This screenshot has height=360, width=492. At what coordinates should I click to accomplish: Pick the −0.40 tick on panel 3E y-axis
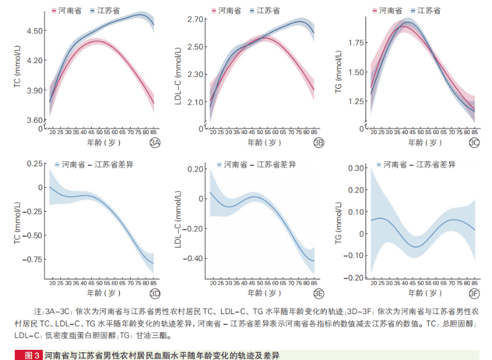[193, 258]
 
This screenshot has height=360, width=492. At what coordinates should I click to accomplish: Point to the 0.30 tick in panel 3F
[355, 167]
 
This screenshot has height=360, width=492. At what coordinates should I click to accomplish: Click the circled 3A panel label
[154, 142]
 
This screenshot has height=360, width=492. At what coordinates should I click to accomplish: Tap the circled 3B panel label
[318, 142]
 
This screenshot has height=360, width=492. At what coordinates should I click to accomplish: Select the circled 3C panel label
[474, 142]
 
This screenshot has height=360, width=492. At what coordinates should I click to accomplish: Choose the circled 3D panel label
[154, 293]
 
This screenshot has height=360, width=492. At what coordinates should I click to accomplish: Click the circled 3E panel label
[318, 293]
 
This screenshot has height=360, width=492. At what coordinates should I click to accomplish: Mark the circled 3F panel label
[474, 293]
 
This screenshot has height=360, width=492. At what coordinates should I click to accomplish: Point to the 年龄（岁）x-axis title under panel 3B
[263, 142]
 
